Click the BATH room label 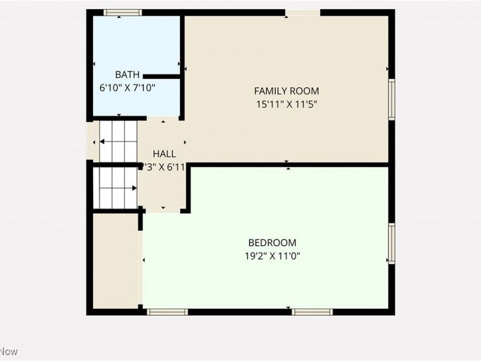(127, 75)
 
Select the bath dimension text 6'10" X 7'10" (127, 87)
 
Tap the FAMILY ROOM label (286, 91)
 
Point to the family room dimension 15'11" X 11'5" (286, 103)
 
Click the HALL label (164, 154)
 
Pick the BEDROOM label (272, 242)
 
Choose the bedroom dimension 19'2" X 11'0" (272, 255)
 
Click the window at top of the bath (123, 12)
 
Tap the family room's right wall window (391, 100)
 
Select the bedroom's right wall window (391, 243)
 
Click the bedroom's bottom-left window (167, 312)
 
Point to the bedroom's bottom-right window (312, 312)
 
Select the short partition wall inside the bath (162, 76)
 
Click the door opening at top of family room (302, 13)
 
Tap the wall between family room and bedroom (289, 164)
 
